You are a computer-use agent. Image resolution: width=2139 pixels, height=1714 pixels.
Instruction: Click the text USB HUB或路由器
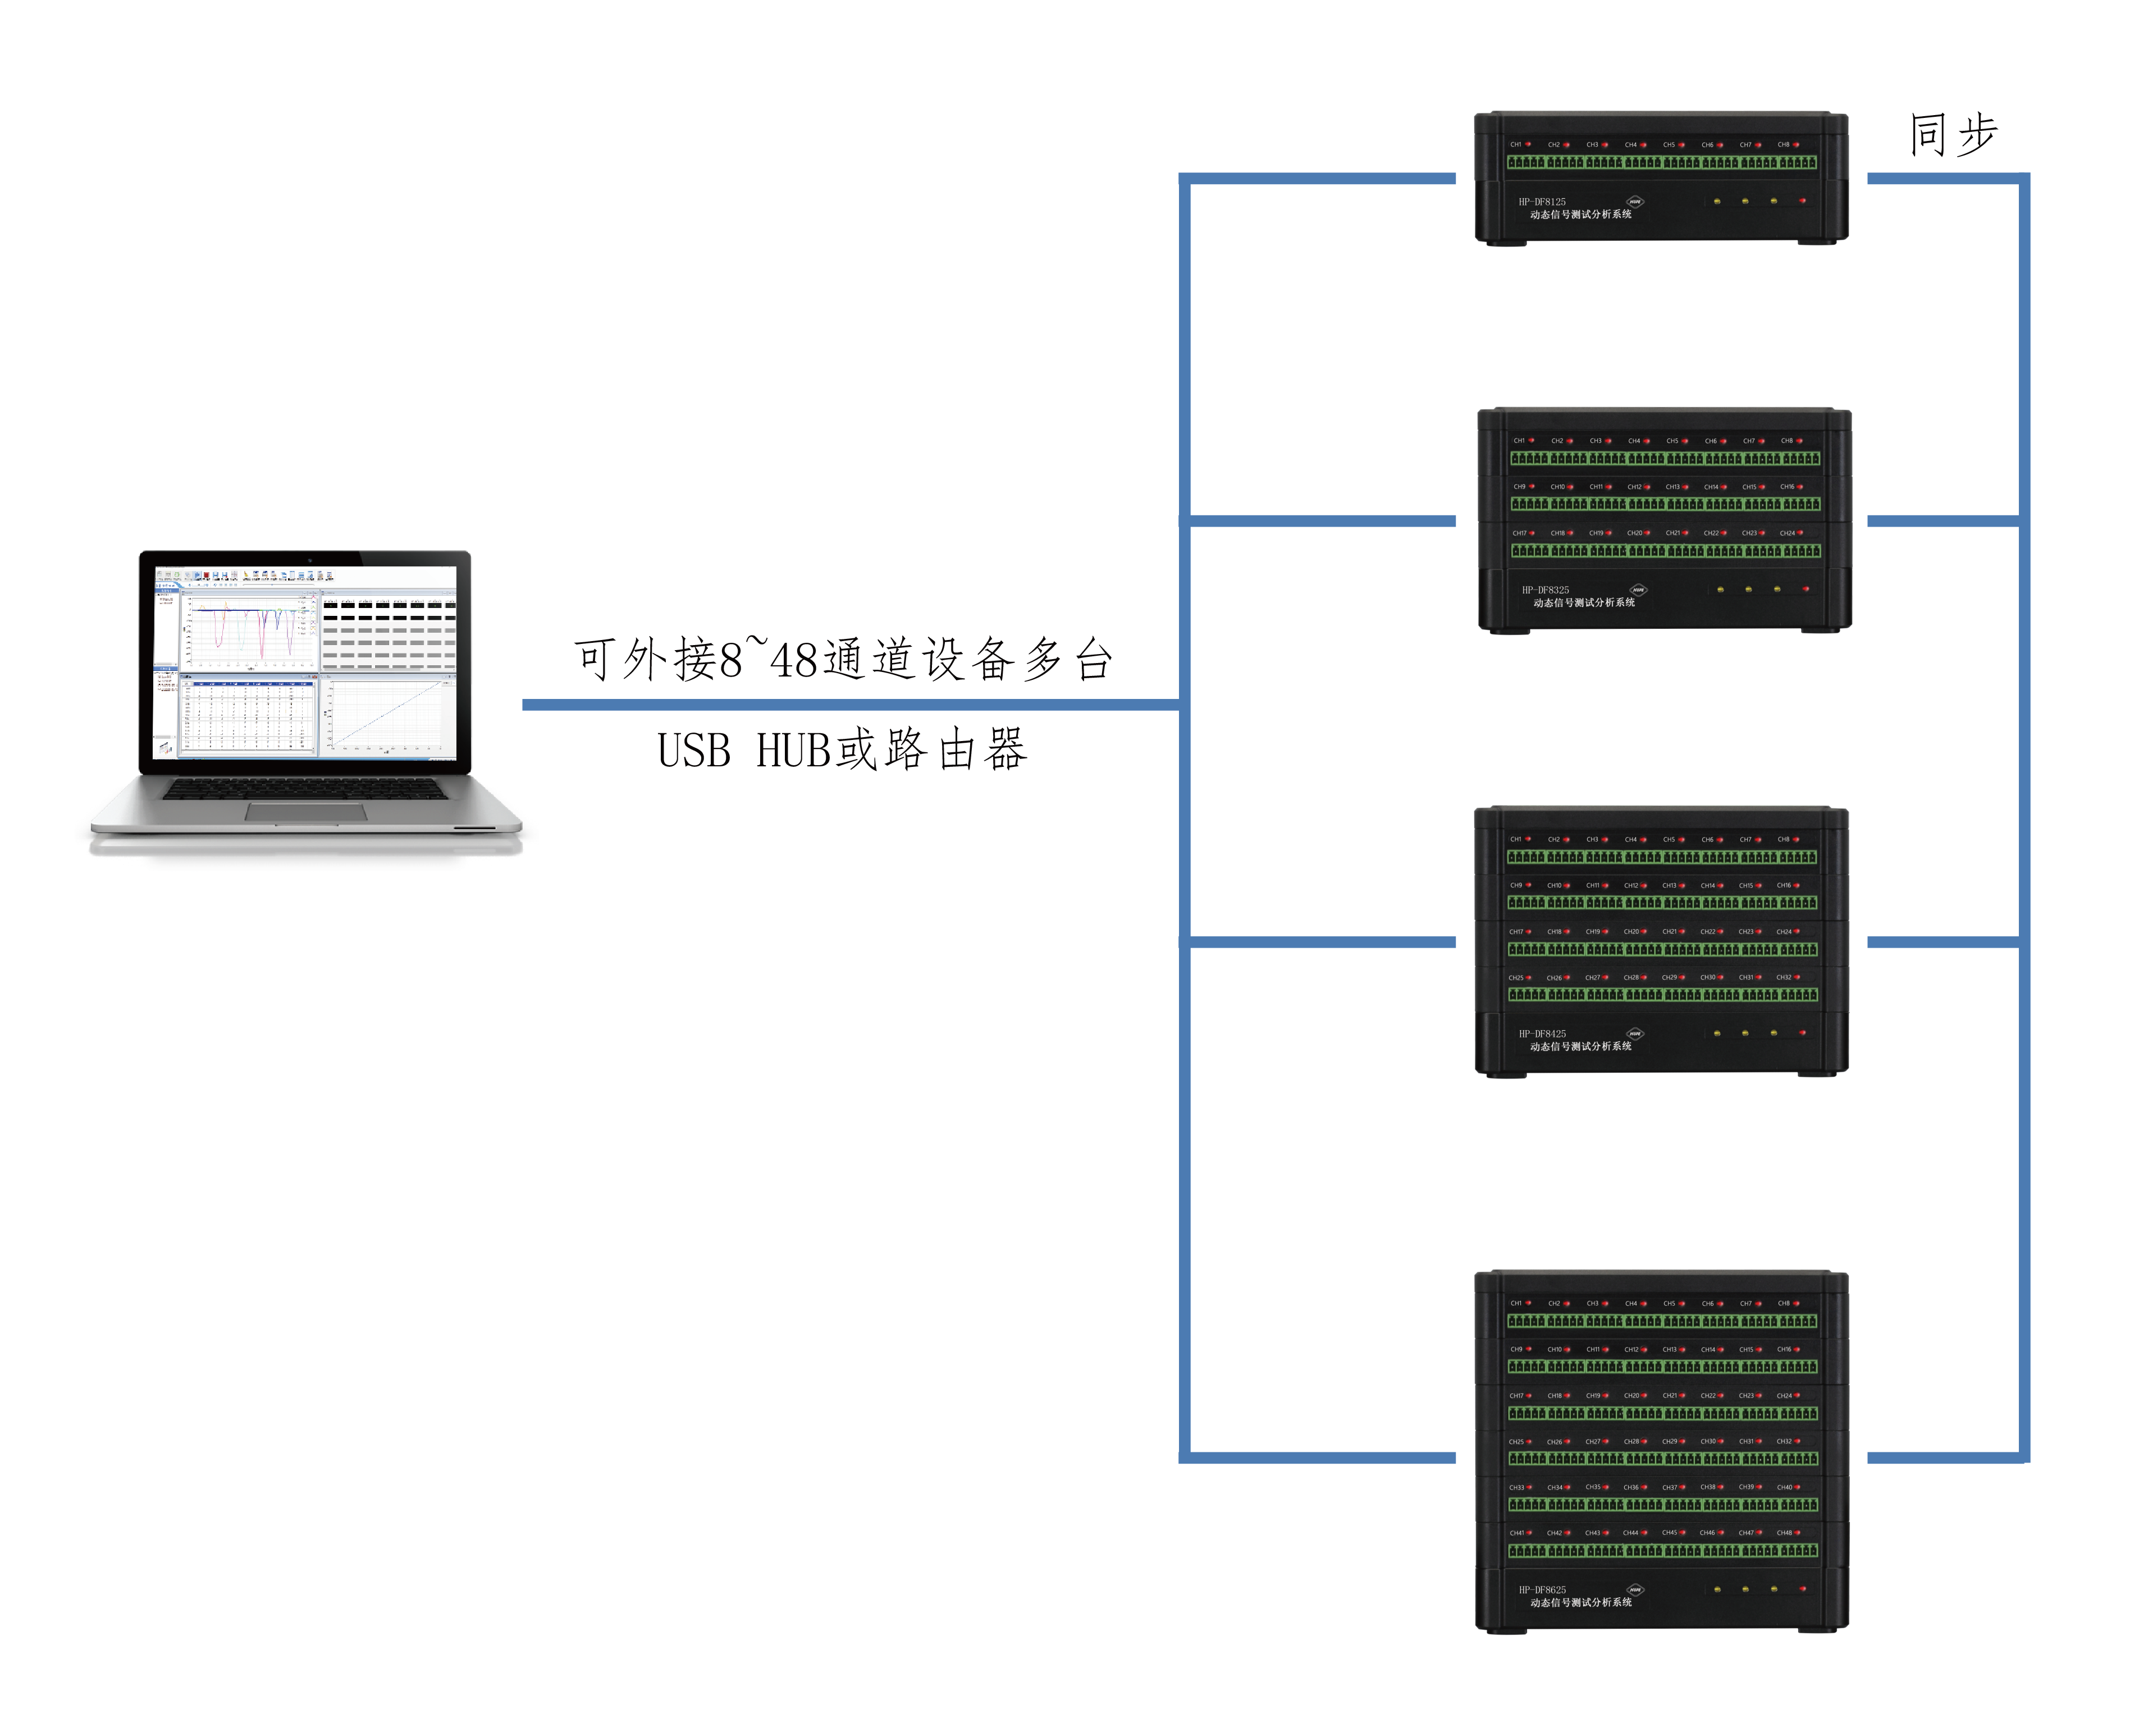[842, 750]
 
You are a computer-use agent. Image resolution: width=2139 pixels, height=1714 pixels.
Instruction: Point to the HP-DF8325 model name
[1546, 589]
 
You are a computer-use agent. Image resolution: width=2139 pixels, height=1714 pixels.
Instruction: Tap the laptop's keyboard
[305, 789]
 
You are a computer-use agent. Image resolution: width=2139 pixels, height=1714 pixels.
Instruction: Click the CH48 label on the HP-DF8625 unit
[1783, 1533]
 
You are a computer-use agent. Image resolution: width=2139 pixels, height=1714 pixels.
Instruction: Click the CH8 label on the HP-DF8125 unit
[1783, 145]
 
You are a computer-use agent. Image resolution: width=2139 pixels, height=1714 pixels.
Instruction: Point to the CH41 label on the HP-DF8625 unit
[1516, 1533]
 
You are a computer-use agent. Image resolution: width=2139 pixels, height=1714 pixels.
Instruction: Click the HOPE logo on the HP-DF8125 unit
[1635, 202]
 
